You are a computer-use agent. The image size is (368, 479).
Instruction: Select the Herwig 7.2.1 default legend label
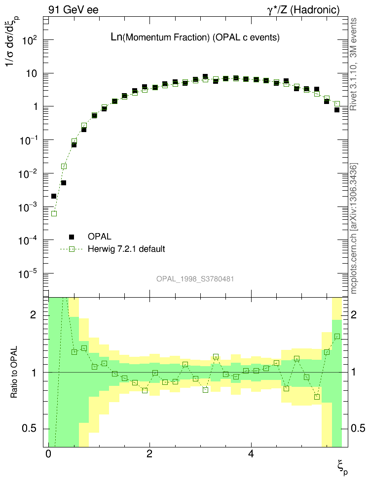(126, 249)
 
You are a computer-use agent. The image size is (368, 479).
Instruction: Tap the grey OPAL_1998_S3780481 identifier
(195, 279)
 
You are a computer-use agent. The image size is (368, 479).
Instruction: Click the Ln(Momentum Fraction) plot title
(195, 37)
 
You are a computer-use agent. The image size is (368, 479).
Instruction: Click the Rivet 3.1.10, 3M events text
(354, 64)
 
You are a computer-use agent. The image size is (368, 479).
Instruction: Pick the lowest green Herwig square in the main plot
(54, 213)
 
